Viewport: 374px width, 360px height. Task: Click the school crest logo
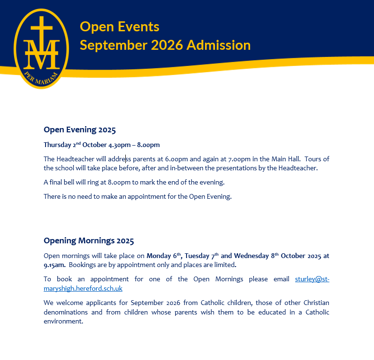42,47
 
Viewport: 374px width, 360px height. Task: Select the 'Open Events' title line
120,27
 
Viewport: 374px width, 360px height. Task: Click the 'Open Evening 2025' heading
80,129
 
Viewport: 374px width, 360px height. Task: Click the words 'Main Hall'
285,159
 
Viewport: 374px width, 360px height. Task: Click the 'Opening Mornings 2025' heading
89,240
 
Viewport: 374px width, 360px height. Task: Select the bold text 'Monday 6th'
164,256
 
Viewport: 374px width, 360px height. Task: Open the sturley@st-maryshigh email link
312,279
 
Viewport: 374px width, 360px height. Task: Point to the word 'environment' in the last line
63,321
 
